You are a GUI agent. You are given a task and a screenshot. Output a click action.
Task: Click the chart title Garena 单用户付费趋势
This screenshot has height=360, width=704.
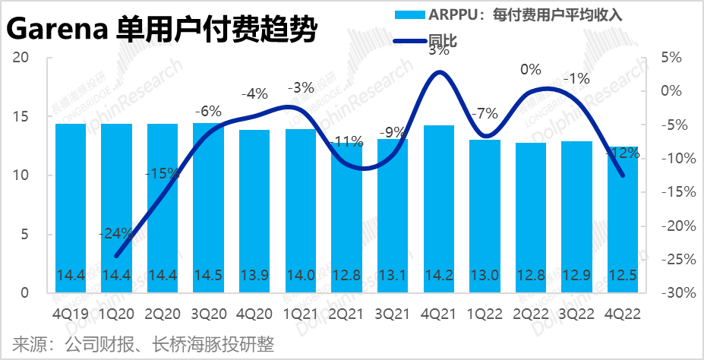(162, 31)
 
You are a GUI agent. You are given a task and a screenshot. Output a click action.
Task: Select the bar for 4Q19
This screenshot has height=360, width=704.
(71, 205)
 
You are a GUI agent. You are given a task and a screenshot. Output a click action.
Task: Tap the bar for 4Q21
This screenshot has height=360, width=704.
(438, 205)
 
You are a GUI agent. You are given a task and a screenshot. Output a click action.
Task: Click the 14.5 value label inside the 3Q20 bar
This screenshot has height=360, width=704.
(208, 274)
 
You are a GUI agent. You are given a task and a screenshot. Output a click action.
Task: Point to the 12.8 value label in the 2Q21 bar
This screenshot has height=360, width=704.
(346, 274)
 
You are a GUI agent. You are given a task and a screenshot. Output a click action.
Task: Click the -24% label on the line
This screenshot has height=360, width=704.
(116, 233)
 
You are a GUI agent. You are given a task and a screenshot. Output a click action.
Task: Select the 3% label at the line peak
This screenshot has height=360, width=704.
(438, 51)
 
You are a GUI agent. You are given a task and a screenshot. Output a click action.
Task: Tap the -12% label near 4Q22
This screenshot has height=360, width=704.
(623, 153)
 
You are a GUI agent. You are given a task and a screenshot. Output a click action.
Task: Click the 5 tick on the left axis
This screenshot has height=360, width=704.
(24, 235)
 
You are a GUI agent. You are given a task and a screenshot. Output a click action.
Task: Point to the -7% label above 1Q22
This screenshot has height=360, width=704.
(484, 115)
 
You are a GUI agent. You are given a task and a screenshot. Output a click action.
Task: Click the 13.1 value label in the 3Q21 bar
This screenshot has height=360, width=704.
(392, 274)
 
